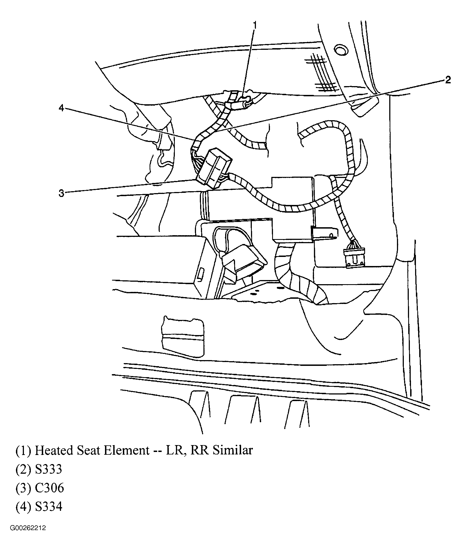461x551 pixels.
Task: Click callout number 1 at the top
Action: pos(255,25)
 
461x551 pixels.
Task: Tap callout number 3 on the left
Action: pos(61,193)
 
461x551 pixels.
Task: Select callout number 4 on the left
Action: pos(61,108)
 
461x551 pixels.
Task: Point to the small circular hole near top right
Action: pos(341,51)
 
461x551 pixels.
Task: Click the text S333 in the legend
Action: pos(48,469)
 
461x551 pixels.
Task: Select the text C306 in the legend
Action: pos(49,488)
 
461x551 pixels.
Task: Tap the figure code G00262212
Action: pos(28,528)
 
